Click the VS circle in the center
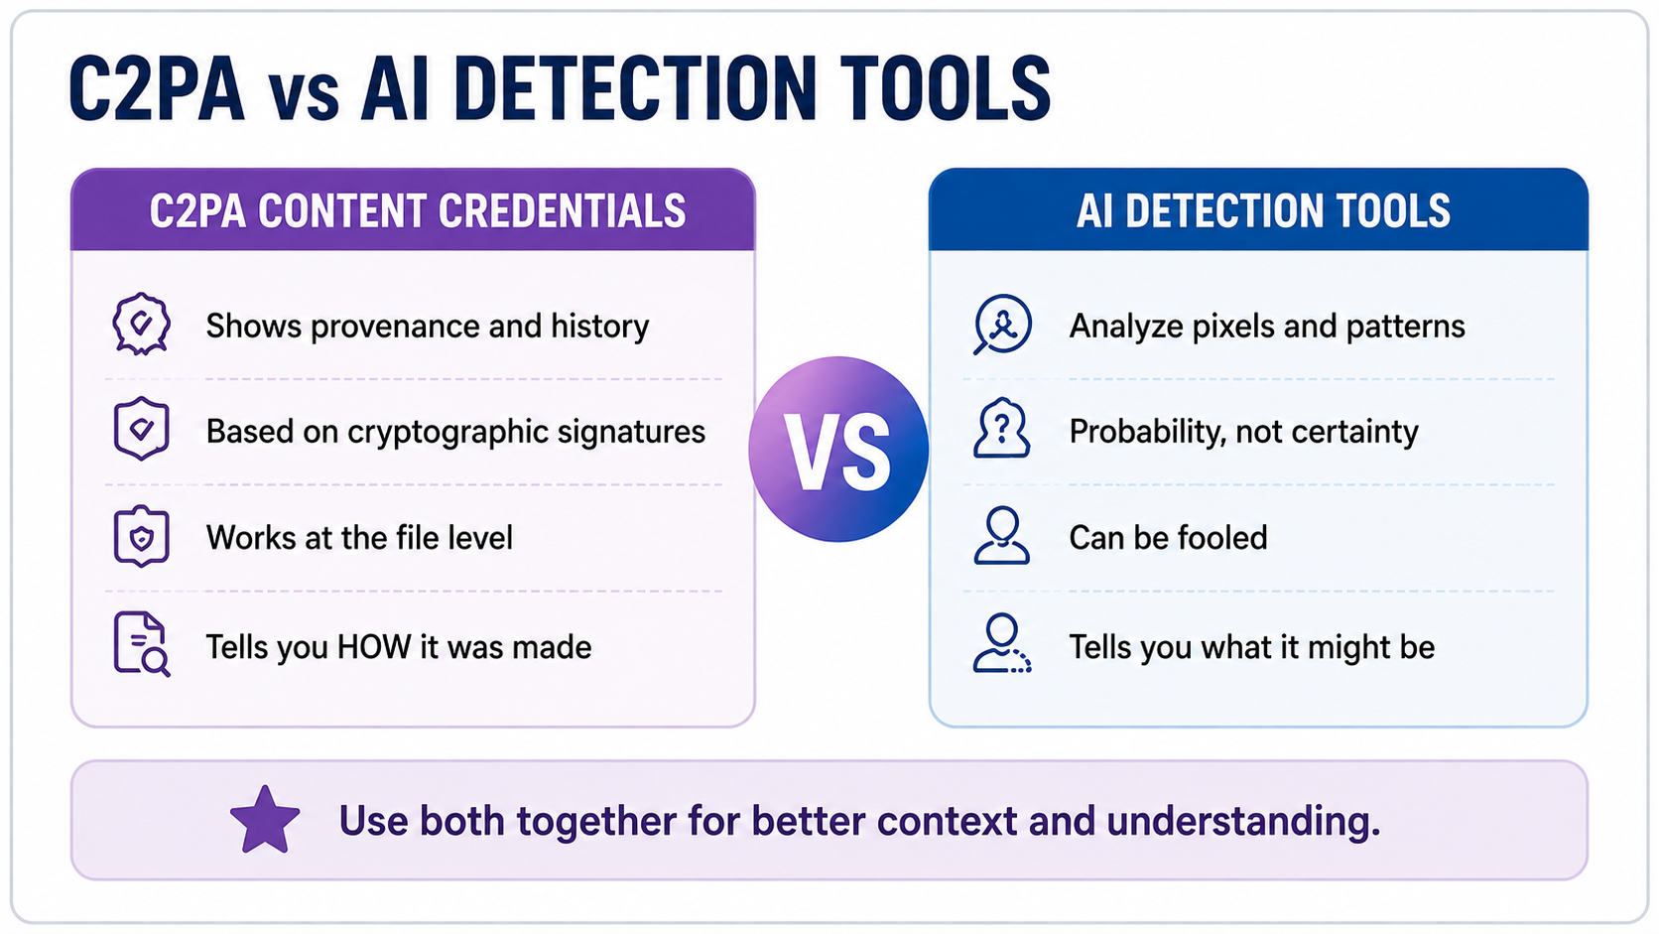[x=838, y=449]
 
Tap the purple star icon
[x=265, y=820]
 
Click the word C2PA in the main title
[x=157, y=89]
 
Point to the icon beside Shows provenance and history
[x=141, y=325]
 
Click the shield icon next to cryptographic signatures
[x=142, y=429]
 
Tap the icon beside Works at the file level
[x=142, y=536]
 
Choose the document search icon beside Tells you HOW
[x=142, y=644]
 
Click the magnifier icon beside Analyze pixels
[x=1002, y=325]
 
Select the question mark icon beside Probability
[x=1002, y=429]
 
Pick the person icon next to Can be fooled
[x=1002, y=536]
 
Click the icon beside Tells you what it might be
[x=1002, y=643]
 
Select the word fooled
[x=1222, y=537]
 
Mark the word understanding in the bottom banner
[x=1243, y=822]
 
